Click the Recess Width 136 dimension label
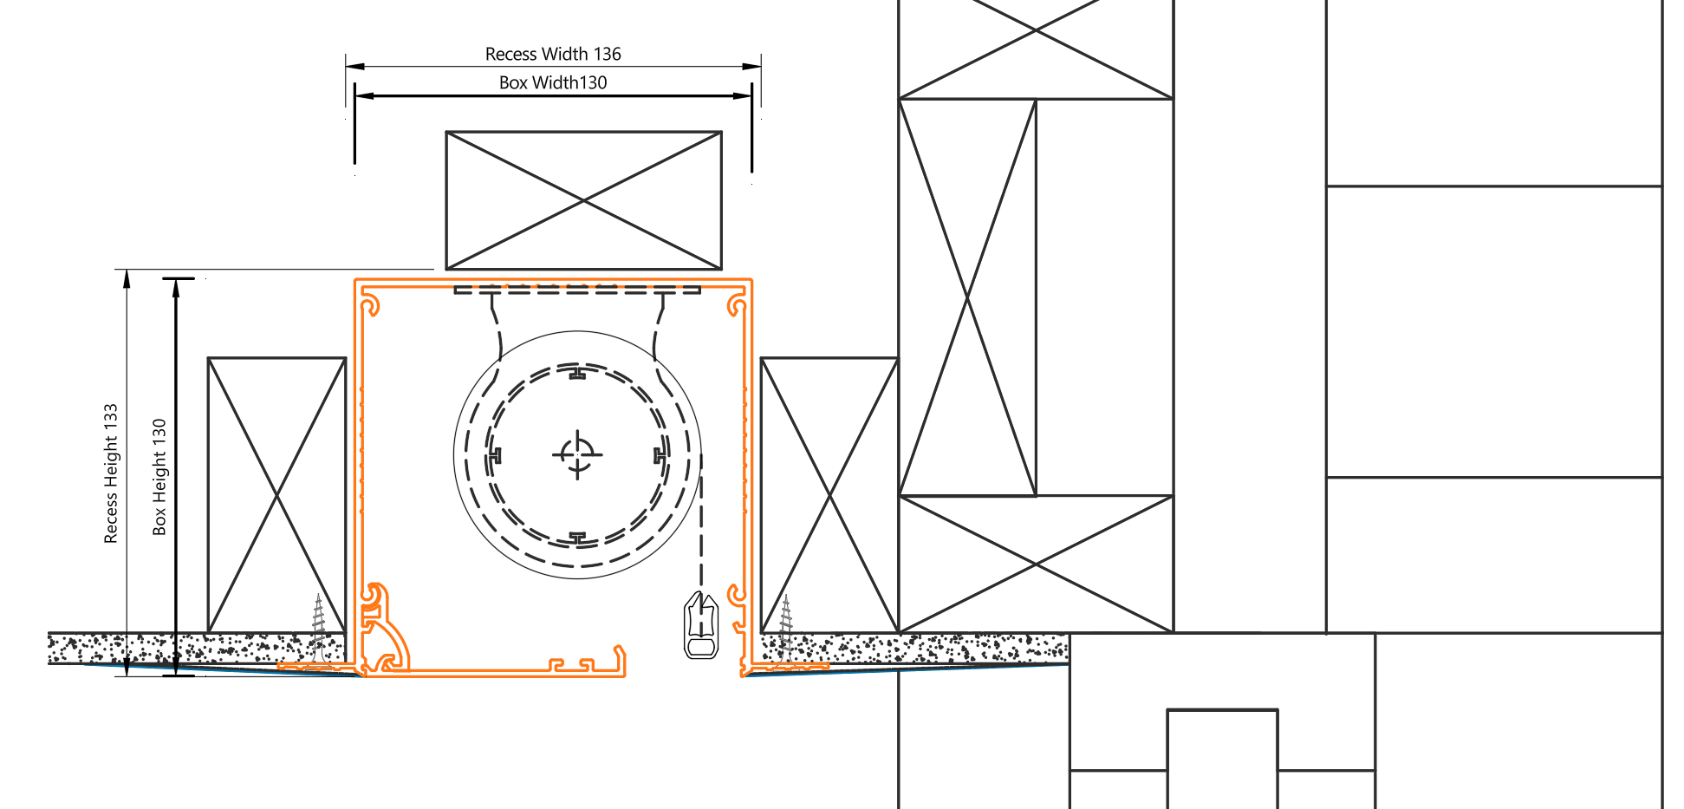(x=553, y=54)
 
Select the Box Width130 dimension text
(x=553, y=82)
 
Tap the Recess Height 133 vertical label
(x=111, y=473)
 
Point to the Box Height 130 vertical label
(x=159, y=477)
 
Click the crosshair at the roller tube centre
(x=578, y=453)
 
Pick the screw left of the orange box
(x=319, y=629)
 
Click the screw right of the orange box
(x=786, y=629)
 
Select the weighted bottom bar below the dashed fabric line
(x=701, y=626)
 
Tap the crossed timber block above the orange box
(x=583, y=200)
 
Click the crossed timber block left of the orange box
(x=276, y=495)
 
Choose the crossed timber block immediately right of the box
(x=829, y=495)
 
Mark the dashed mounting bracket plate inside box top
(x=577, y=290)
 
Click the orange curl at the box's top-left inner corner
(x=371, y=305)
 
